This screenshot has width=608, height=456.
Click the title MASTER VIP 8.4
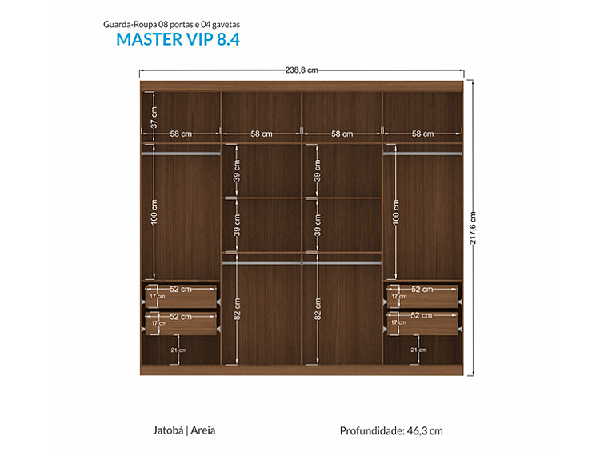[178, 39]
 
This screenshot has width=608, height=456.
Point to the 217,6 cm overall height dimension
[473, 228]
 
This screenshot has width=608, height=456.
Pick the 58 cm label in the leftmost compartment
[181, 134]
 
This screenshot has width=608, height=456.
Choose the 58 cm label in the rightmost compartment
[422, 134]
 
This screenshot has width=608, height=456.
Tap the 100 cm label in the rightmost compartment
[396, 212]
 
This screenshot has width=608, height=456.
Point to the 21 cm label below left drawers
[179, 350]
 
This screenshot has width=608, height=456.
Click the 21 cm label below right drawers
[418, 350]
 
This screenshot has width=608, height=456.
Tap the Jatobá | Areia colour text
[184, 430]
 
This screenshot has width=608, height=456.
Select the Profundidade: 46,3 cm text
[391, 430]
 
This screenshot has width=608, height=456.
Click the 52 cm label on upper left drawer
[181, 289]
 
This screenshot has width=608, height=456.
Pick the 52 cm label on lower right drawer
[422, 317]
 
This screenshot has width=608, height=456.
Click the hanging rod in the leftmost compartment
[181, 151]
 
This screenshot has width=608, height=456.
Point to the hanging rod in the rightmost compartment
[422, 151]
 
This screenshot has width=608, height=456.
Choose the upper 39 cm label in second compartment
[237, 176]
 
